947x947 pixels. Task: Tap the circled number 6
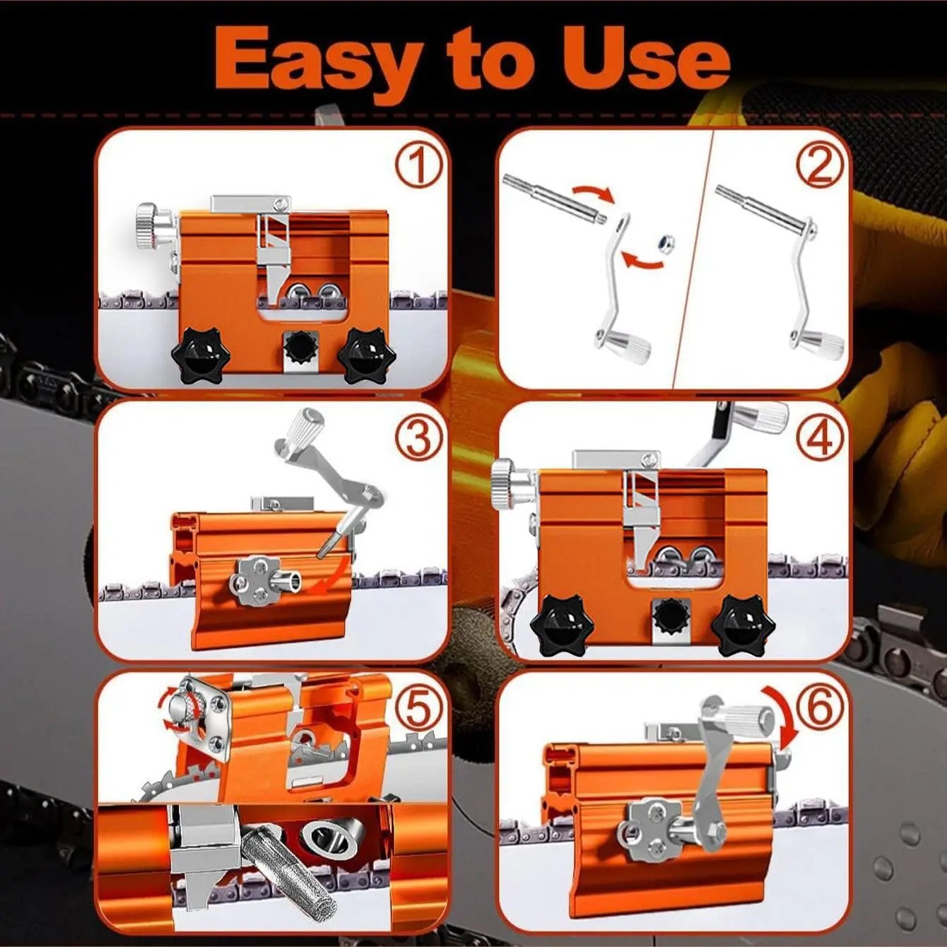tap(820, 707)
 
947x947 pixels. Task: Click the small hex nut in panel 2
tap(664, 243)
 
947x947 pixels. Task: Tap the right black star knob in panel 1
tap(367, 354)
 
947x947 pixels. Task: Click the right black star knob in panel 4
tap(743, 625)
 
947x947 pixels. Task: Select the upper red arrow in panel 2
tap(594, 192)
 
